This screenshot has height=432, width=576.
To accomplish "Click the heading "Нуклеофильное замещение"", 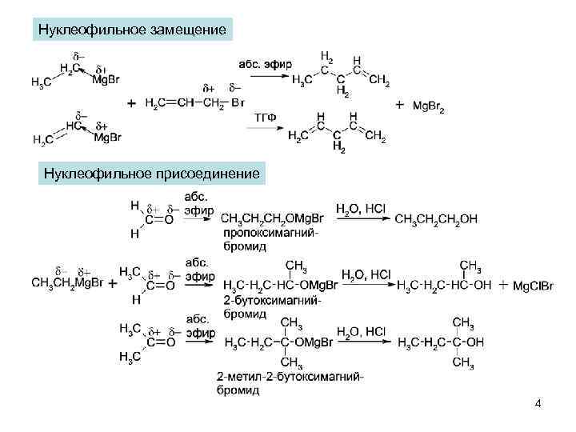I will (x=133, y=30).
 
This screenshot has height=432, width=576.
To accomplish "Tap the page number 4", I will (x=538, y=403).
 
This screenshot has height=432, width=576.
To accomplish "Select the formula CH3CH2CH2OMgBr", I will (x=271, y=218).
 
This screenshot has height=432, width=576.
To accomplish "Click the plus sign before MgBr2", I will (x=399, y=105).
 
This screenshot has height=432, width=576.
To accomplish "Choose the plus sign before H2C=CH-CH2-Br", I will (x=130, y=104).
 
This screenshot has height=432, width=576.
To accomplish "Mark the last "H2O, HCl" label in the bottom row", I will (x=361, y=330).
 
